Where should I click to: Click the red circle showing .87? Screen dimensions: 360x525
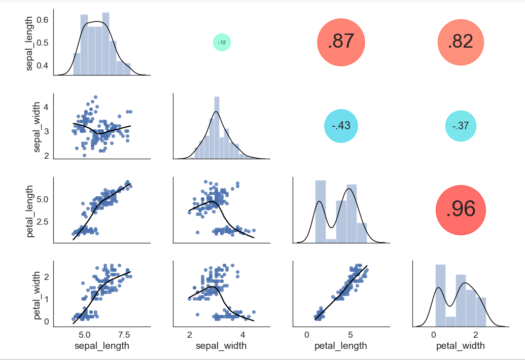[341, 42]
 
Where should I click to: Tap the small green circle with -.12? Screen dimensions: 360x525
[222, 43]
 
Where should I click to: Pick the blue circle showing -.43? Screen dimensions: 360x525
[341, 126]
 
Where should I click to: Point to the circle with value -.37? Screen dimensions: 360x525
[461, 126]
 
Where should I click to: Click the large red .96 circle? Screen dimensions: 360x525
[461, 209]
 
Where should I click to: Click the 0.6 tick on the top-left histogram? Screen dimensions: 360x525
[43, 20]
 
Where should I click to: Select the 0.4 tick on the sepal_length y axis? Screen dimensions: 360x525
[43, 65]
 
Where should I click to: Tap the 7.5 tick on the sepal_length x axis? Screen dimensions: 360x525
[124, 335]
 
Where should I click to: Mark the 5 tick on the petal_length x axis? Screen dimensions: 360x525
[350, 335]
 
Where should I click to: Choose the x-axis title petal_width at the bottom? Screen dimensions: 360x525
[461, 346]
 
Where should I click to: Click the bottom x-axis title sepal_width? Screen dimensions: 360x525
[221, 346]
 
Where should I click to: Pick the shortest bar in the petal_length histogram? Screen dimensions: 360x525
[331, 241]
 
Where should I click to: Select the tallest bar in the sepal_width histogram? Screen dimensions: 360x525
[217, 127]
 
